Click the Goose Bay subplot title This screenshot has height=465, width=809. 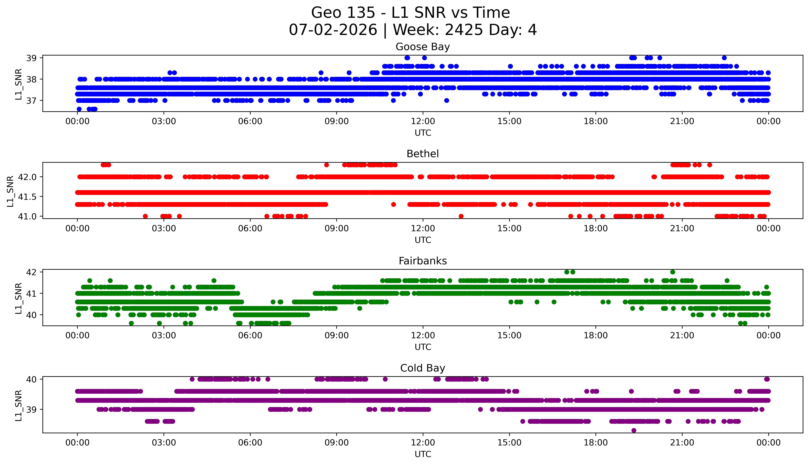[423, 47]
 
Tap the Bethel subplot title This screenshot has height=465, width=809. [423, 154]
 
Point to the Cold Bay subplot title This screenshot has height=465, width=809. [423, 368]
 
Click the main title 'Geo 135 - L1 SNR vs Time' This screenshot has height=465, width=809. [411, 13]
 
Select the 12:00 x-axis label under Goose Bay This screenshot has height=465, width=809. [423, 121]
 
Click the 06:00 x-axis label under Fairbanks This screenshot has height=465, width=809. [250, 336]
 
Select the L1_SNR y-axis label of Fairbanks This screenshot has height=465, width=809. [19, 298]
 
